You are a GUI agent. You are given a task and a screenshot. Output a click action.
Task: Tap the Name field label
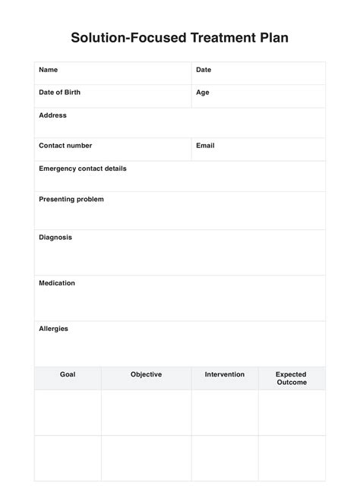click(48, 70)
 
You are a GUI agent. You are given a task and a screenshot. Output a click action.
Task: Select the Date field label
click(204, 70)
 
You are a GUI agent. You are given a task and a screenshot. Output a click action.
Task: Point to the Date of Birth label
click(59, 93)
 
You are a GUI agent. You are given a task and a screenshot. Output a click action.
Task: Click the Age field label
click(203, 93)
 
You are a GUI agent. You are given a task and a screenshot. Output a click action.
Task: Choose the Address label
click(52, 115)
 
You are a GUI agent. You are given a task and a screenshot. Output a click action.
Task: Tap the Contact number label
click(65, 146)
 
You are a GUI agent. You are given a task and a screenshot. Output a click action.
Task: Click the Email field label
click(205, 146)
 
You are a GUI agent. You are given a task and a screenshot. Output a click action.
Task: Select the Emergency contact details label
click(83, 169)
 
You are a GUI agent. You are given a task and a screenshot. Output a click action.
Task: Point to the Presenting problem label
click(71, 199)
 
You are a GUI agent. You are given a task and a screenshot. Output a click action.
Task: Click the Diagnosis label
click(55, 237)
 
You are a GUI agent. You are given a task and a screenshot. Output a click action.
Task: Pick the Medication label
click(57, 283)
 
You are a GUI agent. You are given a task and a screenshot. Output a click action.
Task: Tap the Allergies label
click(53, 329)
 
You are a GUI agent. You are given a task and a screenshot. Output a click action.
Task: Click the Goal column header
click(68, 374)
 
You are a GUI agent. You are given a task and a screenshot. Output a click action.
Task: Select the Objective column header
click(146, 374)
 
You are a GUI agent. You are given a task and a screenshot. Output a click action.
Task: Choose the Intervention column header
click(225, 374)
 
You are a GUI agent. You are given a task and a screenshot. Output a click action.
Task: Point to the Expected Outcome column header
click(292, 378)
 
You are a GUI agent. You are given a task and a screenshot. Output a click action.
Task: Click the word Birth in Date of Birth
click(71, 93)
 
